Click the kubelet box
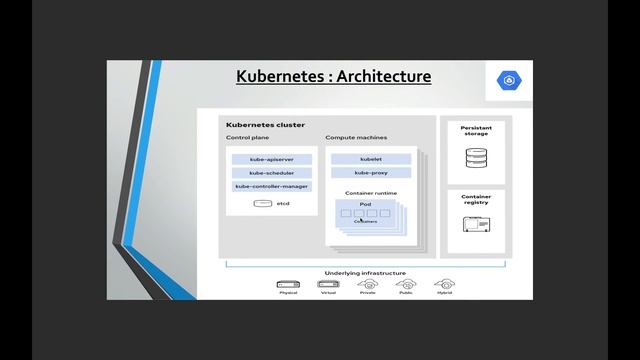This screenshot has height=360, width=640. point(371,159)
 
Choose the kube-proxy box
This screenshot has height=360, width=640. point(371,173)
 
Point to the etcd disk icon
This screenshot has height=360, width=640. point(263,203)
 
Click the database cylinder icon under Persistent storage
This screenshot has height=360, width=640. point(475,159)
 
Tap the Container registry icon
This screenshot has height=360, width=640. point(475,223)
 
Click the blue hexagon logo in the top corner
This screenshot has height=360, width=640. point(507,81)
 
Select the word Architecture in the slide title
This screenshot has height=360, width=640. point(385,76)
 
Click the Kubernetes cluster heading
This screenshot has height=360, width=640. point(259,125)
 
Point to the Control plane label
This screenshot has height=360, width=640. point(246,137)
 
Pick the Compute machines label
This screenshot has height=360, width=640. point(356,137)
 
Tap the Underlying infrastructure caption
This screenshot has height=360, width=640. point(364,272)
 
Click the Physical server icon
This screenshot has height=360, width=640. point(288,285)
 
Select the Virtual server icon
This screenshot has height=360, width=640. point(327,285)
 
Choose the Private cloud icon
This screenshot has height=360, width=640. point(368,285)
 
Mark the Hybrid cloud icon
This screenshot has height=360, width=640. point(443,285)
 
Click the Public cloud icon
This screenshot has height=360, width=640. point(406,285)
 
